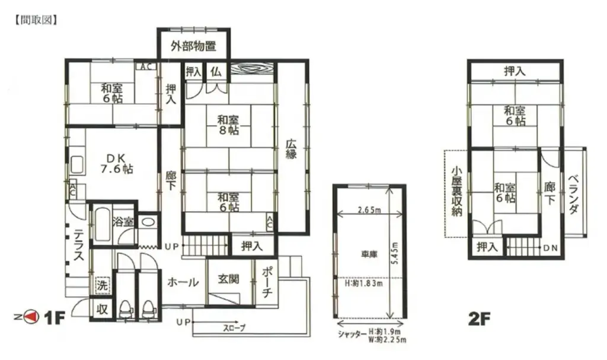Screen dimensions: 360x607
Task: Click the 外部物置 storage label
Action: [x=193, y=46]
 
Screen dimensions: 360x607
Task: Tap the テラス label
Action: [x=78, y=247]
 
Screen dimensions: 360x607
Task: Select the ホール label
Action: [x=183, y=282]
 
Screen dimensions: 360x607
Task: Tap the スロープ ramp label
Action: [x=235, y=327]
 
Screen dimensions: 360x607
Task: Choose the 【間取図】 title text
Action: [x=33, y=19]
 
